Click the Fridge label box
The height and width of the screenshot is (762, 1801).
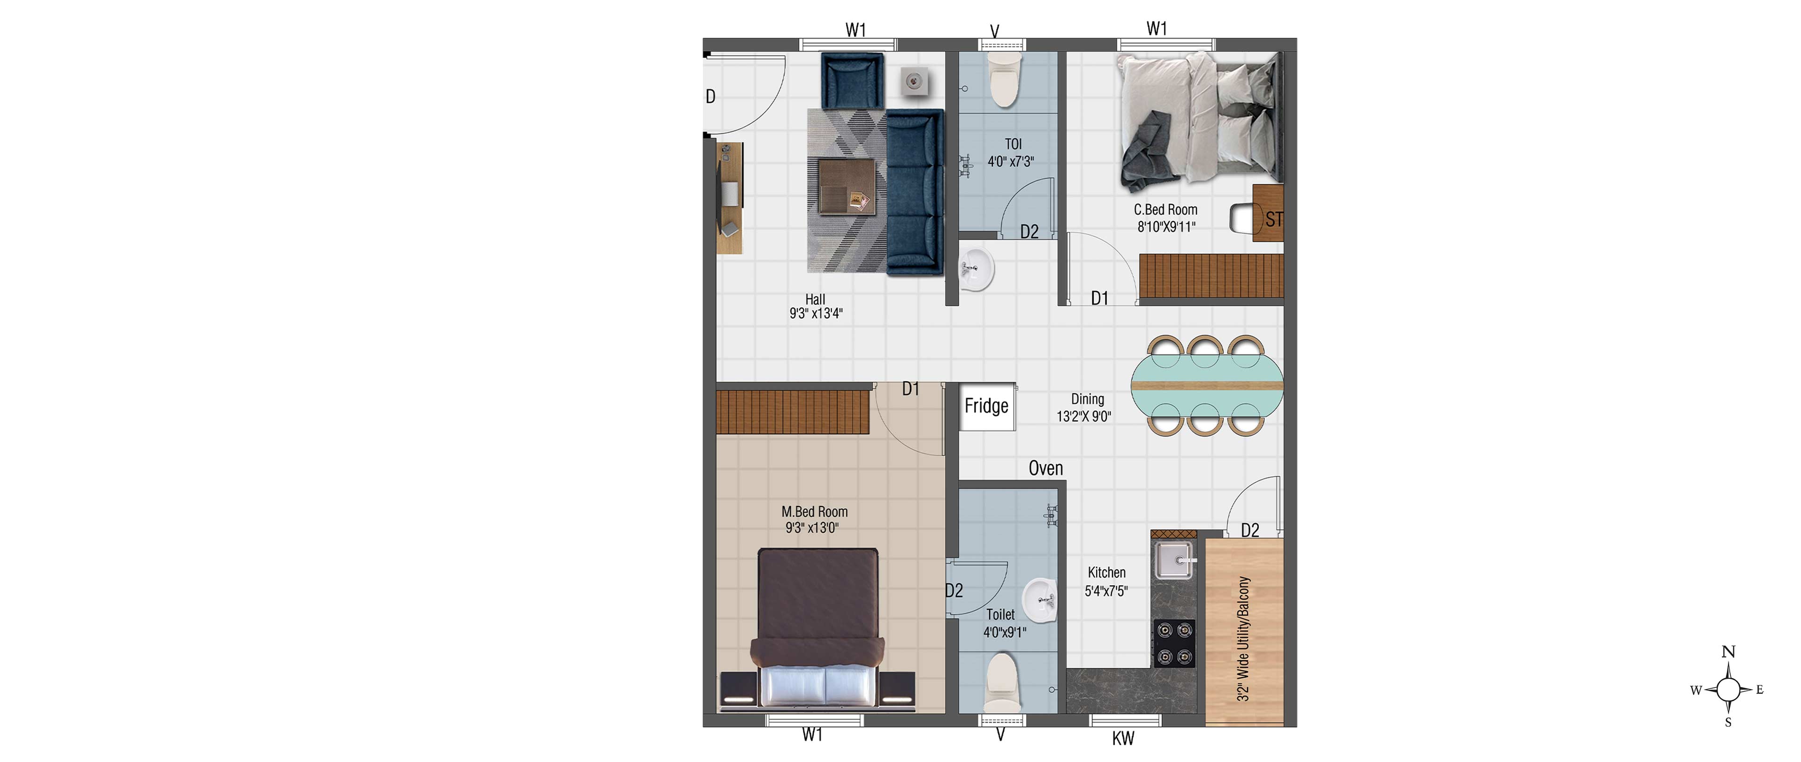point(986,406)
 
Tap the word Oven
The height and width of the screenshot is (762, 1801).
point(1046,468)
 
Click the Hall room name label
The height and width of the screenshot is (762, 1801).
point(815,299)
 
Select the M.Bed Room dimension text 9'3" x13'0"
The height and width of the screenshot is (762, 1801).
point(812,528)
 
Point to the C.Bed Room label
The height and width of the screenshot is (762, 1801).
point(1165,210)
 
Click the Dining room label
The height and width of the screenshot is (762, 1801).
point(1088,399)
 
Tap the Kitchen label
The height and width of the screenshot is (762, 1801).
point(1107,573)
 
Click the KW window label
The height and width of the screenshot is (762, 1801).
point(1124,738)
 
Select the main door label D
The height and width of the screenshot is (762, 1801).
point(711,97)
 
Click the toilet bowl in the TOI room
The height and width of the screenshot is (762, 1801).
point(1004,80)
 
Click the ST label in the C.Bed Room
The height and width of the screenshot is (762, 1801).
point(1274,219)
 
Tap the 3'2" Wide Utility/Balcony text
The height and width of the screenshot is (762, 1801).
point(1243,638)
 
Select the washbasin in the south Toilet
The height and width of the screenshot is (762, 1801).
point(1040,601)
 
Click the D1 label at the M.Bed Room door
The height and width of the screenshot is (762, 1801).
point(910,389)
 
